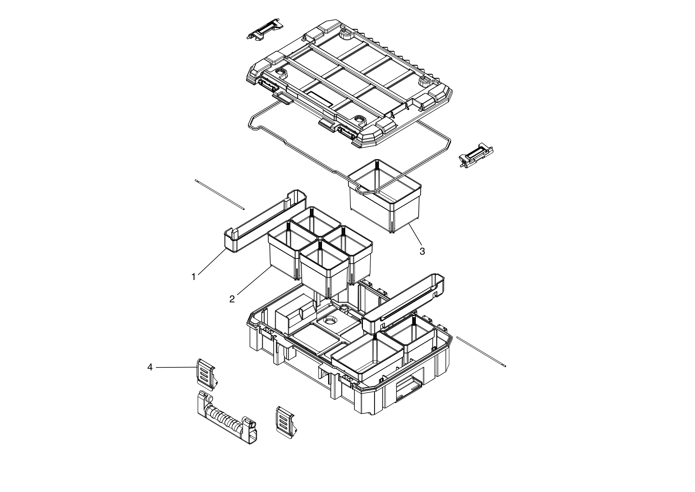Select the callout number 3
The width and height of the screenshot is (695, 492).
click(422, 251)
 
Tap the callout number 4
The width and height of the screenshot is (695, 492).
click(150, 367)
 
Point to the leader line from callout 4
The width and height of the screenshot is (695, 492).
click(176, 367)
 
